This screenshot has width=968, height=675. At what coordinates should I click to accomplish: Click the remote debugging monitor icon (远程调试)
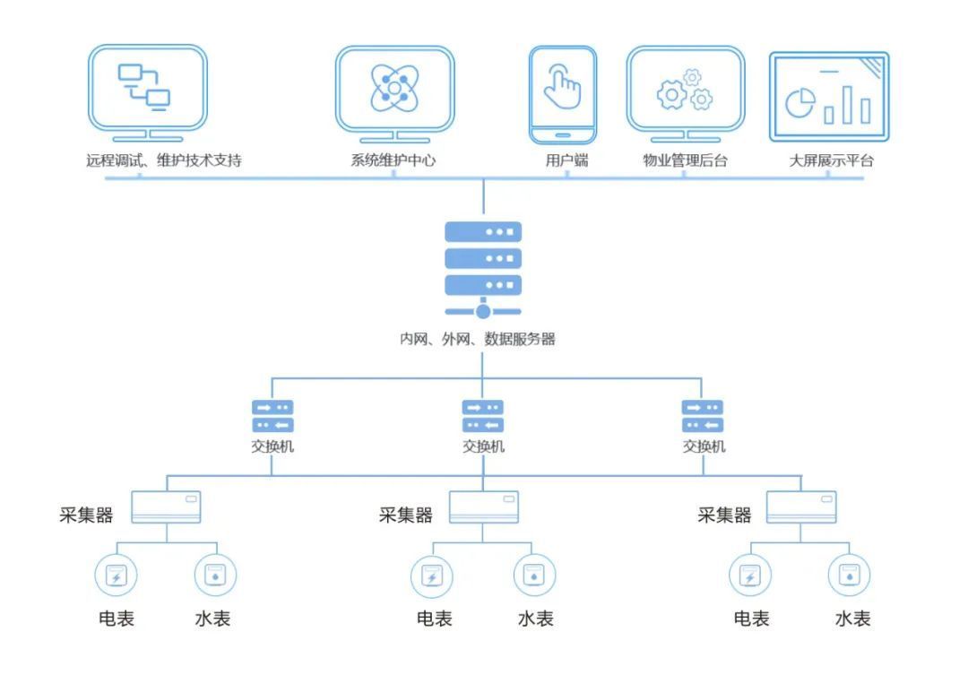tap(148, 92)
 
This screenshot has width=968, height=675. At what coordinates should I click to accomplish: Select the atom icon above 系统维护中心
tap(394, 89)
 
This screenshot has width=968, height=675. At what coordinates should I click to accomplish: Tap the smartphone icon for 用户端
tap(563, 94)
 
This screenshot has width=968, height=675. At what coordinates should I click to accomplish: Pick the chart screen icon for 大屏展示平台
tap(829, 97)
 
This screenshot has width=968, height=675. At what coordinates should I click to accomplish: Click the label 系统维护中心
tap(393, 160)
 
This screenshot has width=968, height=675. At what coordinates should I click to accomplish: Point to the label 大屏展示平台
tap(831, 160)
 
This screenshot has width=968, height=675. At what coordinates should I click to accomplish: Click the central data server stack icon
tap(483, 270)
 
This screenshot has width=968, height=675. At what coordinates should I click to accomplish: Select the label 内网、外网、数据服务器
tap(477, 339)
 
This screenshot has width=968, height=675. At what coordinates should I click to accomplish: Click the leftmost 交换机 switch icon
tap(272, 416)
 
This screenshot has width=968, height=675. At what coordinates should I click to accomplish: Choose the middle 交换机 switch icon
tap(483, 416)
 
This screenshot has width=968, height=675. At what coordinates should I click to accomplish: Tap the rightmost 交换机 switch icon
tap(703, 416)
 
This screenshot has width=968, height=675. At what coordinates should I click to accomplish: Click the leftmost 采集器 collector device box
tap(166, 507)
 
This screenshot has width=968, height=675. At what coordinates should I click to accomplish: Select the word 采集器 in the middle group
tap(406, 515)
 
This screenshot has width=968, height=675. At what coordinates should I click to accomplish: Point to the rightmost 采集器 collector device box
tap(801, 507)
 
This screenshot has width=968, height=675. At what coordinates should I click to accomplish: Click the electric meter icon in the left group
tap(116, 575)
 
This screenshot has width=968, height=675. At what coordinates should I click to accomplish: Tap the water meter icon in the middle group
tap(534, 575)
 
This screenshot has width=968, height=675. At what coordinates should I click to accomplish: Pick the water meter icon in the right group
tap(850, 575)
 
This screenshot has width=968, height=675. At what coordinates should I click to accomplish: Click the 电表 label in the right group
tap(751, 619)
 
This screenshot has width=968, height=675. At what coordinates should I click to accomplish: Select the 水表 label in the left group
tap(212, 619)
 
